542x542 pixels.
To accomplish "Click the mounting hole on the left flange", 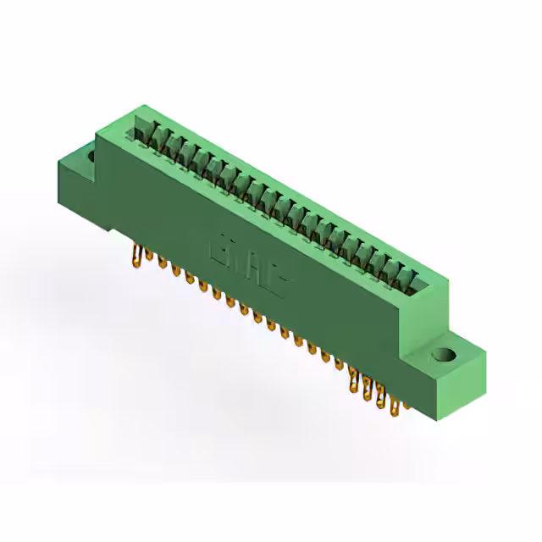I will pos(89,155).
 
